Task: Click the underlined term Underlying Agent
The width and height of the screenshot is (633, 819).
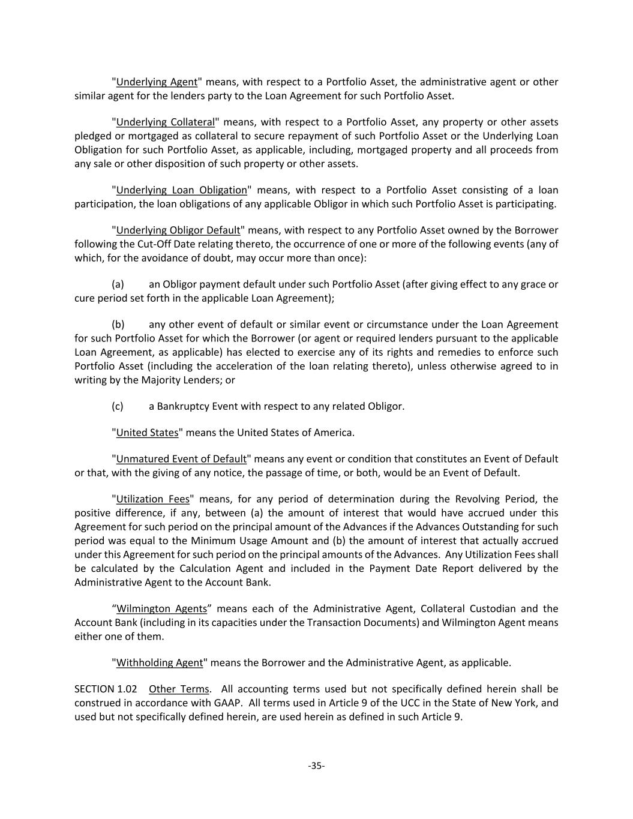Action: pos(157,82)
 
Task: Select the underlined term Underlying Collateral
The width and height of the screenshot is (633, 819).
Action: pos(165,122)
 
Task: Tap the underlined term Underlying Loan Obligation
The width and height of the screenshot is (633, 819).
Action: pos(181,190)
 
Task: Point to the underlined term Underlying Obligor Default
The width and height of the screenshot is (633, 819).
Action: pos(178,230)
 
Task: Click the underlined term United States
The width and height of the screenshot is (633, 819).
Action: pos(147,432)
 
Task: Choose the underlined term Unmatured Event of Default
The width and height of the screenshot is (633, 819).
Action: pos(181,458)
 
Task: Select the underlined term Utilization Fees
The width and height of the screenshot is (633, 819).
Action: pos(152,499)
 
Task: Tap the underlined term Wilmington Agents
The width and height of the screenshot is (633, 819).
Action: pos(161,608)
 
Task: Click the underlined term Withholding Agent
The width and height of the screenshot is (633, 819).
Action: pos(160,662)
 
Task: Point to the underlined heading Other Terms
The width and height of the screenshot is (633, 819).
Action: pos(179,689)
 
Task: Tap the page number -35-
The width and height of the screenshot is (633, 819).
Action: pos(316,765)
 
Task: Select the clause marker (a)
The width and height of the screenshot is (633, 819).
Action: pos(118,284)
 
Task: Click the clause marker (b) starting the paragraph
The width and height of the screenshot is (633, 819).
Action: pos(118,324)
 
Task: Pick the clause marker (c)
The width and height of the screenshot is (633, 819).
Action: pos(118,406)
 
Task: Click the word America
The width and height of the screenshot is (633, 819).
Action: pos(334,432)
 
